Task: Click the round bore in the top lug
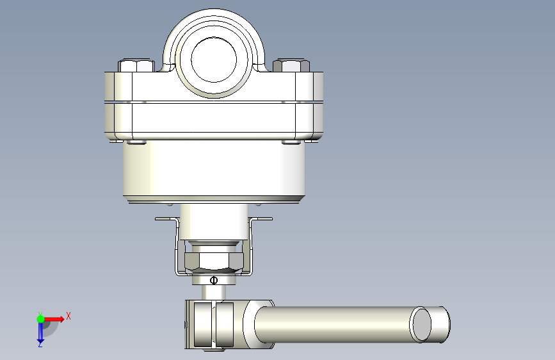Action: [213, 60]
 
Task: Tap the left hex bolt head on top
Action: [136, 65]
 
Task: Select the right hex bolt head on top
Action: [291, 65]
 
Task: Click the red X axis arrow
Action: [54, 319]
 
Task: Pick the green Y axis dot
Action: [41, 319]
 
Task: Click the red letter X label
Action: [68, 316]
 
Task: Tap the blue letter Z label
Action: [40, 344]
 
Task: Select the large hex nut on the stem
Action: [214, 261]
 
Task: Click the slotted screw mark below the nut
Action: [213, 281]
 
